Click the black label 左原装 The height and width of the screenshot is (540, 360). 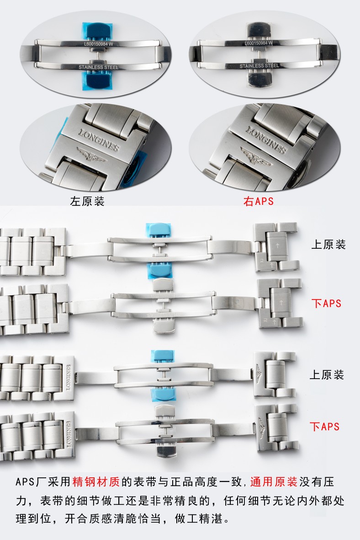point(87,201)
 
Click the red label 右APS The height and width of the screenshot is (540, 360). point(259,201)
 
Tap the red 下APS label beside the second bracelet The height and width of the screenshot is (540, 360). point(326,304)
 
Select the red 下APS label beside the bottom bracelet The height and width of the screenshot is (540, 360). point(324,427)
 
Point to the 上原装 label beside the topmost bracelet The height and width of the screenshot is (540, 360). point(328,245)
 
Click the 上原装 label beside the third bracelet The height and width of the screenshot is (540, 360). point(327,374)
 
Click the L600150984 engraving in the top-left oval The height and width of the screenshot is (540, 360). point(98,44)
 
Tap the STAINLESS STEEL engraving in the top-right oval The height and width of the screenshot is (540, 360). point(259,66)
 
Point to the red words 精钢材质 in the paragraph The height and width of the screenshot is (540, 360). point(95,481)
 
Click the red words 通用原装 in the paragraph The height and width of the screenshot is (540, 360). point(274,481)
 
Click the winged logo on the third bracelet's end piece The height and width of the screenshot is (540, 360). point(259,374)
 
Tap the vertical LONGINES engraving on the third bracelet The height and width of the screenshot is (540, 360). point(68,378)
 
